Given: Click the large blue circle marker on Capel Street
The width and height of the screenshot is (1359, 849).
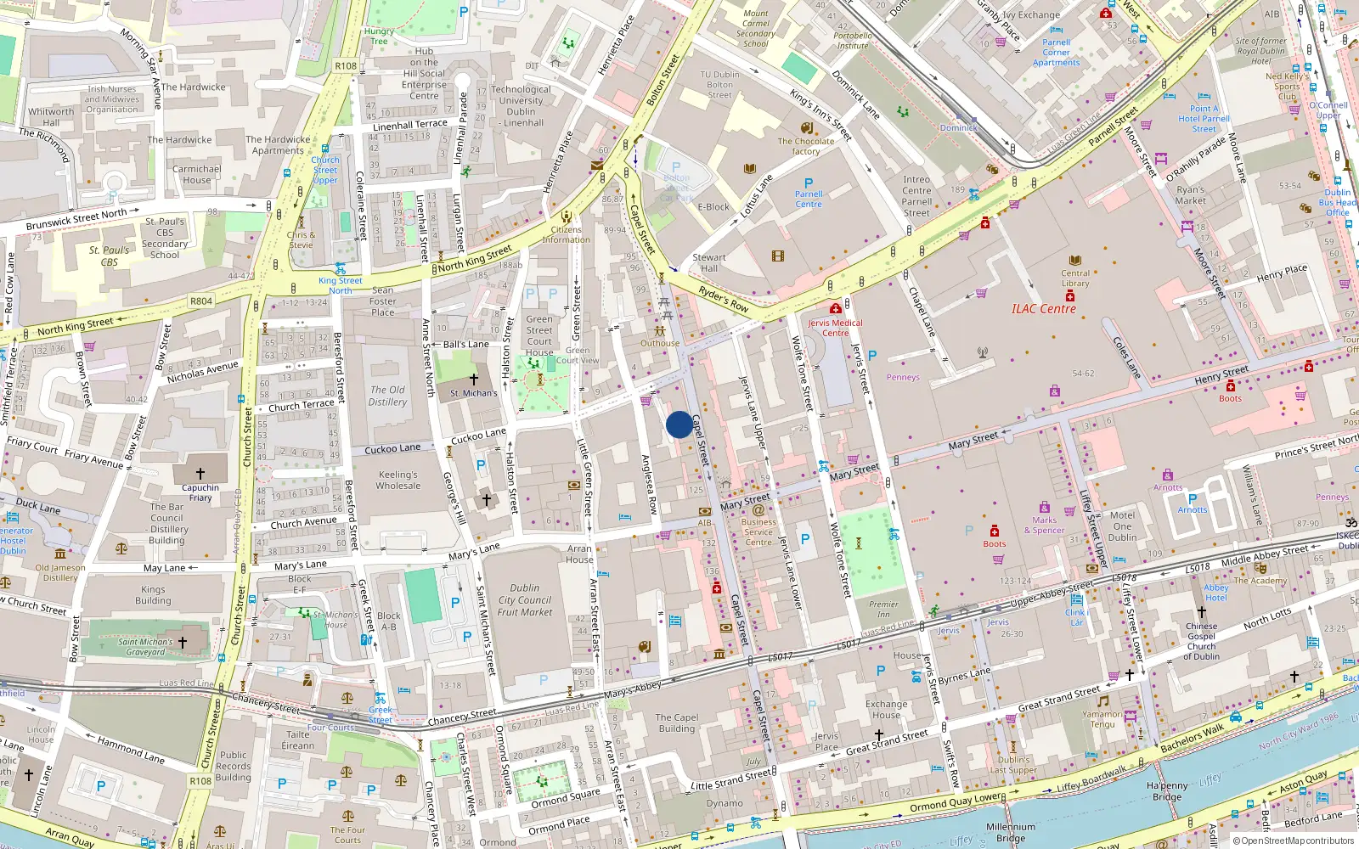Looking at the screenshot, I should pyautogui.click(x=679, y=424).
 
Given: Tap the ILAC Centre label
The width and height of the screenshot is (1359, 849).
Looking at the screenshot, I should pyautogui.click(x=1043, y=309).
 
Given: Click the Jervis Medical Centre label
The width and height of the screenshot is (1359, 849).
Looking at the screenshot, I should pyautogui.click(x=835, y=328).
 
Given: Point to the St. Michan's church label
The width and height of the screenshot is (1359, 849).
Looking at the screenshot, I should pyautogui.click(x=474, y=393).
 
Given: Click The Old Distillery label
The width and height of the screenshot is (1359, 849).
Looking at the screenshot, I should pyautogui.click(x=387, y=396).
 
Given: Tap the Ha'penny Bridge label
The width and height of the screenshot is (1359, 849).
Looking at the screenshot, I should pyautogui.click(x=1166, y=791).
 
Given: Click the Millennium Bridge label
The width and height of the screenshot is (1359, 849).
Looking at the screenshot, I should pyautogui.click(x=1011, y=832).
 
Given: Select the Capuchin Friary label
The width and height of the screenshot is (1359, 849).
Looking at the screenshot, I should pyautogui.click(x=200, y=492).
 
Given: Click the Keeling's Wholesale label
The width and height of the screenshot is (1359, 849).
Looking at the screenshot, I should pyautogui.click(x=398, y=481).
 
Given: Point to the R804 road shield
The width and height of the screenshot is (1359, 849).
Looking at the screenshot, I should pyautogui.click(x=201, y=301).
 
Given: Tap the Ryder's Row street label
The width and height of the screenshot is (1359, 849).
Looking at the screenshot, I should pyautogui.click(x=724, y=298).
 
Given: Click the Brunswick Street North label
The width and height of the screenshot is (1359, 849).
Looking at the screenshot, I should pyautogui.click(x=76, y=220).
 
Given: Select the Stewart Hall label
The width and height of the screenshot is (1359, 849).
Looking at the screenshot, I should pyautogui.click(x=708, y=262).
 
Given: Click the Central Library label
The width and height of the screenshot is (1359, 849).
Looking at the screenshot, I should pyautogui.click(x=1075, y=278).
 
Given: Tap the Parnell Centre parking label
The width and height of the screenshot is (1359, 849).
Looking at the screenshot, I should pyautogui.click(x=809, y=199).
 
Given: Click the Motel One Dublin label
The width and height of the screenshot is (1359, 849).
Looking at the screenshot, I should pyautogui.click(x=1122, y=526).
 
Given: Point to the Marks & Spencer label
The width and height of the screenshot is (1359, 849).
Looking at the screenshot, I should pyautogui.click(x=1044, y=526).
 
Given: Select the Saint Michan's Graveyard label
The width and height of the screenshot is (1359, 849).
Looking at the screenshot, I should pyautogui.click(x=145, y=647).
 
